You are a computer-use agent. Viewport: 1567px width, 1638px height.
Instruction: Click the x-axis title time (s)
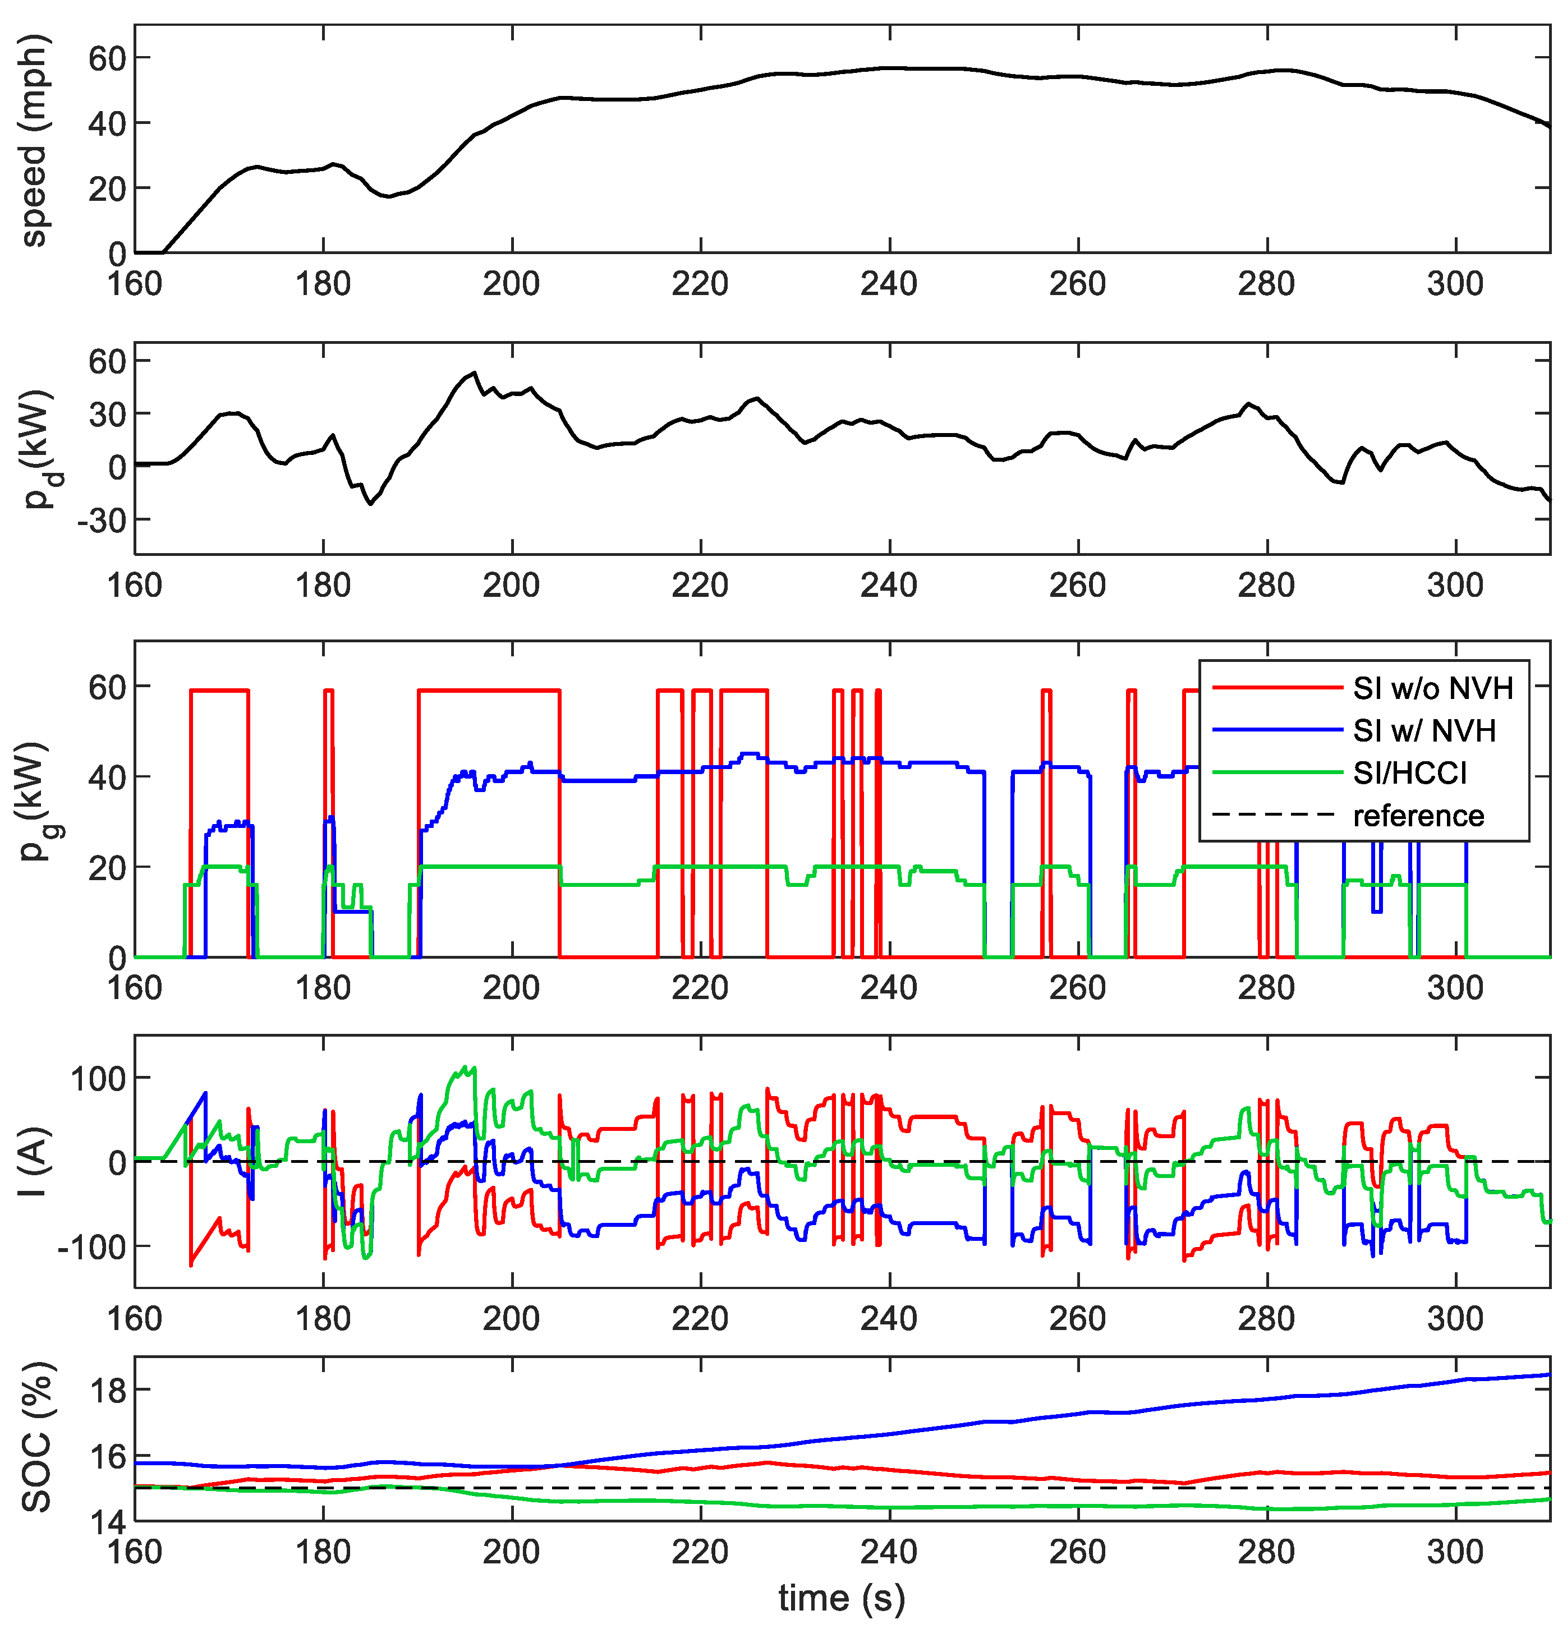coord(841,1597)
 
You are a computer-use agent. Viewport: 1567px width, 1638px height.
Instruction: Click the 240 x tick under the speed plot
coord(889,284)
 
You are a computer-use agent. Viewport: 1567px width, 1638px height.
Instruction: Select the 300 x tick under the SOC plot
coord(1455,1552)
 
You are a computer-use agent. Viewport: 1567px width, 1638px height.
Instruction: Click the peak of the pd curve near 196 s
coord(475,372)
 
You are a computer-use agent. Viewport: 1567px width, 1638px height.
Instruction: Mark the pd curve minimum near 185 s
coord(371,504)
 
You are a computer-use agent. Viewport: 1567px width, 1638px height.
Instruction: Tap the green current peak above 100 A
coord(473,1068)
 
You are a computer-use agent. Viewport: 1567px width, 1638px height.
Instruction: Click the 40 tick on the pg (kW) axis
coord(107,777)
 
